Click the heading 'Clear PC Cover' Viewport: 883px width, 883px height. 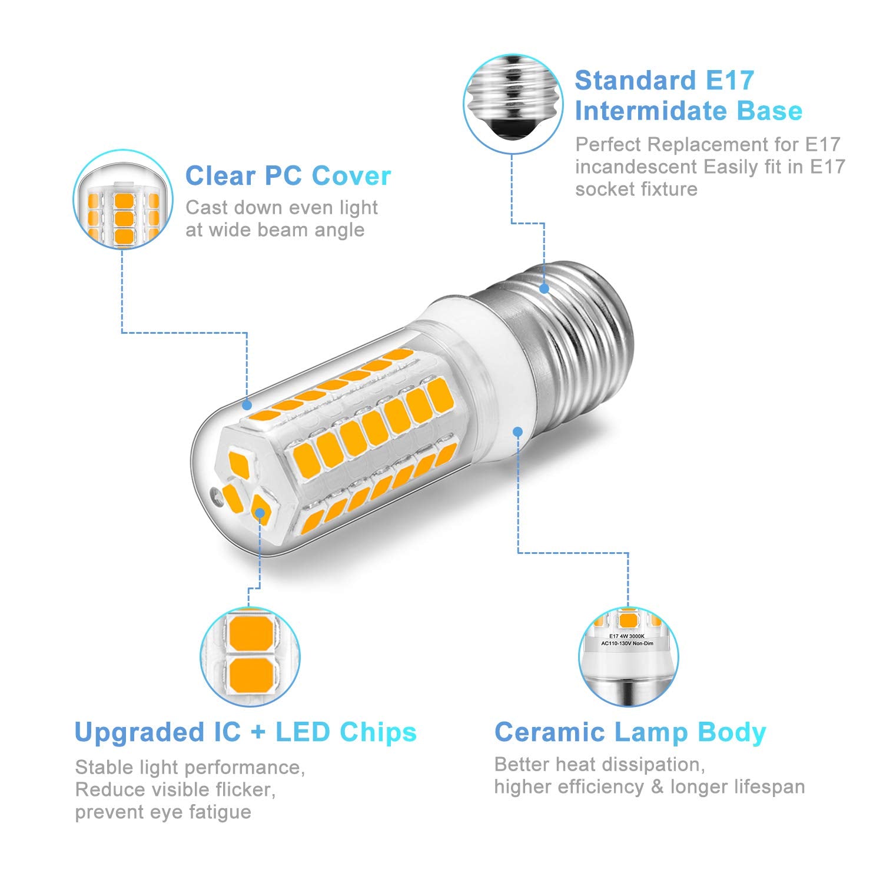288,176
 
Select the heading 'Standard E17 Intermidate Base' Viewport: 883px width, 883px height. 688,96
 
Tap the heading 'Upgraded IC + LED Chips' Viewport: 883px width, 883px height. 245,732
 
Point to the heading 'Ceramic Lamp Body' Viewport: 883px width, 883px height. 630,732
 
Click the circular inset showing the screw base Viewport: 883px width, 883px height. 512,105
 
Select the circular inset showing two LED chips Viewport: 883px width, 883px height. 250,657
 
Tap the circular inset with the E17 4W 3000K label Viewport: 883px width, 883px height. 628,657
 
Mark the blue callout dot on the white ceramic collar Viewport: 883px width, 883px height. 518,431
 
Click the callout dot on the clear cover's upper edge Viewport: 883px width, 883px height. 247,405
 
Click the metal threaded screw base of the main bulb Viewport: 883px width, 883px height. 580,341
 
